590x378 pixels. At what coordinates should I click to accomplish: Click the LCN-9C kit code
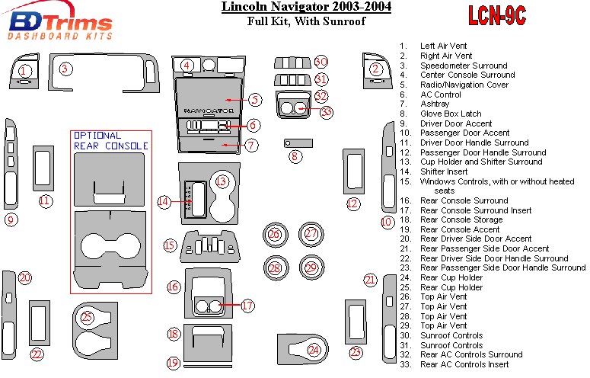pos(497,14)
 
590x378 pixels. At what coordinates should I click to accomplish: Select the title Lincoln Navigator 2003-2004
pos(306,8)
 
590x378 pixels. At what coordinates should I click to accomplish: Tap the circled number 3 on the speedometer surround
pos(66,69)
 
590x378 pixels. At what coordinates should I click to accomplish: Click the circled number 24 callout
pos(314,350)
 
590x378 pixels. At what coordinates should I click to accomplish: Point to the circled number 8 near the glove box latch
pos(295,156)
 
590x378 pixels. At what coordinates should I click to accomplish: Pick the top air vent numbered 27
pos(311,234)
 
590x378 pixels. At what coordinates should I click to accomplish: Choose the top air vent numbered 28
pos(274,267)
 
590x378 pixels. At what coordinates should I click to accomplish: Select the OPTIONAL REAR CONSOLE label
pos(110,140)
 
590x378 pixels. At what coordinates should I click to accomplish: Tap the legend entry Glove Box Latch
pos(451,114)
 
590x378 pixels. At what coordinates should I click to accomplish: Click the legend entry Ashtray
pos(434,104)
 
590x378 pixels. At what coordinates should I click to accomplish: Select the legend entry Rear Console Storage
pos(461,219)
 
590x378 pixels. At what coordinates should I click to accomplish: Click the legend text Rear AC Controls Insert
pos(464,364)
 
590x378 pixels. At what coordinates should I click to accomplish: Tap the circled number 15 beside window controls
pos(170,245)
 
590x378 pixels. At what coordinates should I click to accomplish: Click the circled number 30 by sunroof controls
pos(321,61)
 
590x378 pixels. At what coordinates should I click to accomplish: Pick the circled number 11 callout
pos(46,201)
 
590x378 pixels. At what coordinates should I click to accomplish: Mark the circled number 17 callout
pos(247,305)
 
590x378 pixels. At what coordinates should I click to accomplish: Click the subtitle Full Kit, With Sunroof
pos(306,21)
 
